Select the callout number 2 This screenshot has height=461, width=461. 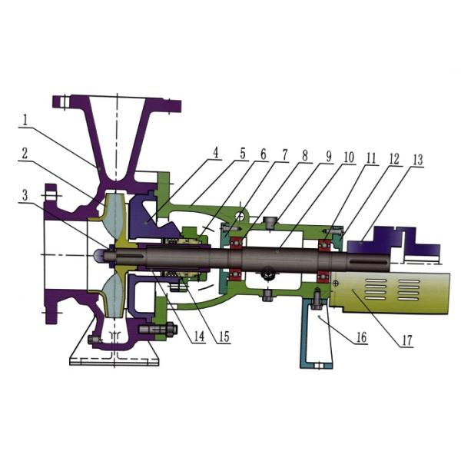[25, 153]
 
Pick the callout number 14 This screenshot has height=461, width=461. [200, 337]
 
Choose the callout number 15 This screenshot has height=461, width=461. [224, 337]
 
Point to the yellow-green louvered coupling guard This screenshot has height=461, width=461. [392, 292]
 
